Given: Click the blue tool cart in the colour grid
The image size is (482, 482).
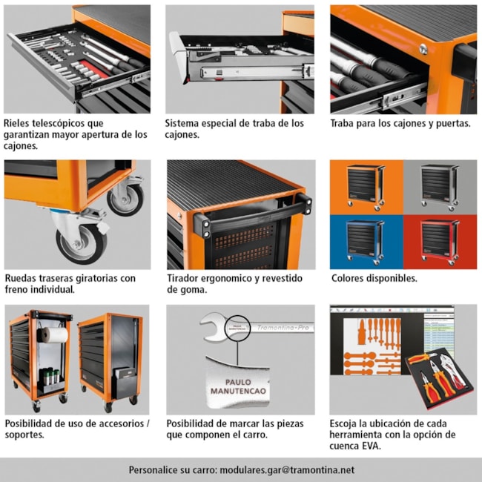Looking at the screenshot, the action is click(x=366, y=242).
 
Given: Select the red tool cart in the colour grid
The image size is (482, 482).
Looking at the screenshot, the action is click(x=440, y=242).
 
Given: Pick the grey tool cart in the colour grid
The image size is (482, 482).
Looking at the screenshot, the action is click(x=440, y=187).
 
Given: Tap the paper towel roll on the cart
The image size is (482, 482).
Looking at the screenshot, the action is click(x=54, y=335).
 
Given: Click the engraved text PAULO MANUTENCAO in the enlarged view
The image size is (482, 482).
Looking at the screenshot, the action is click(x=238, y=386).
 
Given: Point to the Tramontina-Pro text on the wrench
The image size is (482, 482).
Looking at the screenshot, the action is click(x=283, y=328).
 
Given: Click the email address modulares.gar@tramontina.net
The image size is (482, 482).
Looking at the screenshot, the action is click(x=287, y=470).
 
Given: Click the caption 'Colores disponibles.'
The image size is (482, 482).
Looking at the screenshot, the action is click(x=374, y=278).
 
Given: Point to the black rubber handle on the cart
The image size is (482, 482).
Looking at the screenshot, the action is click(x=252, y=215).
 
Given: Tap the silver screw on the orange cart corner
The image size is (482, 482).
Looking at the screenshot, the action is click(x=423, y=49).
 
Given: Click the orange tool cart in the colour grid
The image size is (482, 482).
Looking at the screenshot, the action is click(x=366, y=187).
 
